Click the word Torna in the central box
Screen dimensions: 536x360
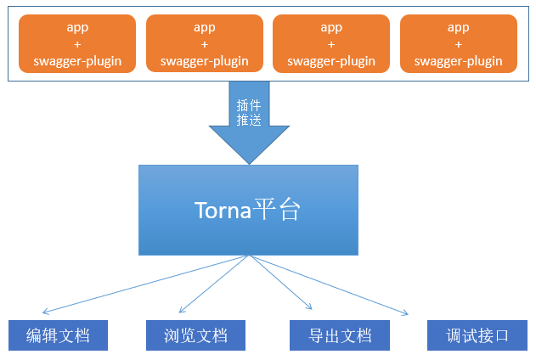(x=223, y=210)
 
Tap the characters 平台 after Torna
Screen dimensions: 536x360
(x=277, y=209)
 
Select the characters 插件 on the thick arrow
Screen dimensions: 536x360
(x=249, y=105)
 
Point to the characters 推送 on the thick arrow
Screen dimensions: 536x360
(x=249, y=120)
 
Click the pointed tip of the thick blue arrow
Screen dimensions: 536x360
(x=249, y=164)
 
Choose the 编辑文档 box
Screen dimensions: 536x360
(x=58, y=335)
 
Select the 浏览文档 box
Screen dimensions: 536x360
(x=195, y=335)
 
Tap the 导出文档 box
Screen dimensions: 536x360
(x=340, y=335)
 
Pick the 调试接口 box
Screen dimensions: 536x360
(x=477, y=335)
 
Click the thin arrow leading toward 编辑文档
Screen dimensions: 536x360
(x=145, y=284)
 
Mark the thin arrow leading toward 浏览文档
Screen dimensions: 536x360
(x=214, y=284)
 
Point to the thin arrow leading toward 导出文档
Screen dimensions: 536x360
(x=281, y=283)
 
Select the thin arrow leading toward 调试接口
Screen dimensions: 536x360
(x=330, y=284)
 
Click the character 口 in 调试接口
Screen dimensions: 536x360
(x=501, y=335)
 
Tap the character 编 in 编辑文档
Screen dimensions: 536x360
(x=34, y=335)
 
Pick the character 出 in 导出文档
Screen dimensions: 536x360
(x=331, y=335)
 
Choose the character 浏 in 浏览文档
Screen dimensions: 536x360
(x=172, y=335)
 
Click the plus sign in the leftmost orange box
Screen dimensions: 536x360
(x=77, y=44)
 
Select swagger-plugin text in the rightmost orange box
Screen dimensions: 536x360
(x=459, y=61)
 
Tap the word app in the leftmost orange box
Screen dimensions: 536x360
(x=77, y=28)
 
